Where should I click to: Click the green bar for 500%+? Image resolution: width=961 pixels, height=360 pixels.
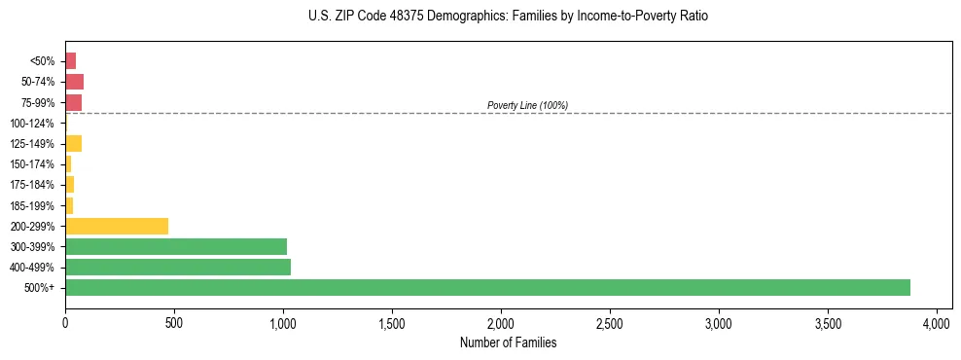point(487,287)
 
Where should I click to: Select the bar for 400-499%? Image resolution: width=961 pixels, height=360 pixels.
point(178,267)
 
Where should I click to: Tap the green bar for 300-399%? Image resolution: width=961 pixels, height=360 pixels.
point(176,246)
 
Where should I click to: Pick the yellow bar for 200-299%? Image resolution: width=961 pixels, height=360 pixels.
point(117,226)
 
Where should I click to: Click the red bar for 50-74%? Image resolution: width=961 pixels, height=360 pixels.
point(74,82)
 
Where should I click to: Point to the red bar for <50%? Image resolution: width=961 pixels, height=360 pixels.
point(70,61)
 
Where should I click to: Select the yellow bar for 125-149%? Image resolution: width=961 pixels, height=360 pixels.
point(73,144)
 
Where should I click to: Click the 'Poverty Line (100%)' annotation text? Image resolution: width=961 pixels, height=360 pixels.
point(527,105)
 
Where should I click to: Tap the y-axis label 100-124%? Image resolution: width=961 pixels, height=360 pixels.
point(32,124)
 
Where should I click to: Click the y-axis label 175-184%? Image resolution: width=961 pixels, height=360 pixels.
point(32,185)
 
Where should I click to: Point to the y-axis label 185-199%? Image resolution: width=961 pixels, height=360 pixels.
point(32,205)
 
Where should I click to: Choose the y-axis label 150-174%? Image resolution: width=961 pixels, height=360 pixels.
point(32,164)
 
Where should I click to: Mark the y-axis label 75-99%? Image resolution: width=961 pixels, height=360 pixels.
point(35,103)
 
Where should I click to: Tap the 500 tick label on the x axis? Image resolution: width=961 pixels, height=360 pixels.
point(174,323)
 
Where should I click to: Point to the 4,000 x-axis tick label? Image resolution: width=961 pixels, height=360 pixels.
point(937,323)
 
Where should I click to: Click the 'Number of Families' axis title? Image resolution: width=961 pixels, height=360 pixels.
point(509,342)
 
